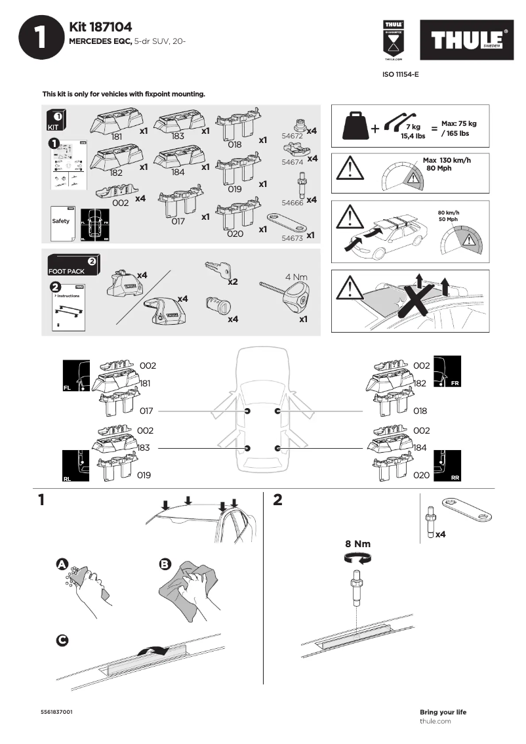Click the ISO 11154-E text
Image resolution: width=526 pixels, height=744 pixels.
click(x=400, y=75)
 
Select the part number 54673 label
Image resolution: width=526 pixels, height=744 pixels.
click(x=293, y=239)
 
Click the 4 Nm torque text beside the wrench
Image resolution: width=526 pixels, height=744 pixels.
click(x=296, y=277)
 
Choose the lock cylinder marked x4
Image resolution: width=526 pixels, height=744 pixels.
click(x=216, y=304)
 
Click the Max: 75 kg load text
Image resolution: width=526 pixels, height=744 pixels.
click(x=458, y=123)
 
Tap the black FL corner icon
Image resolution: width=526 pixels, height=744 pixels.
click(x=75, y=376)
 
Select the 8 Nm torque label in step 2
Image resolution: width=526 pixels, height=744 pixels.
click(x=357, y=544)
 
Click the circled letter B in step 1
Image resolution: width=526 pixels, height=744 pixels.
click(x=165, y=564)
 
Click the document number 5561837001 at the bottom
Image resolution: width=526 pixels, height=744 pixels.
click(x=56, y=712)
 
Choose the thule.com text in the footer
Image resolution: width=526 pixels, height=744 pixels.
click(x=435, y=721)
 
